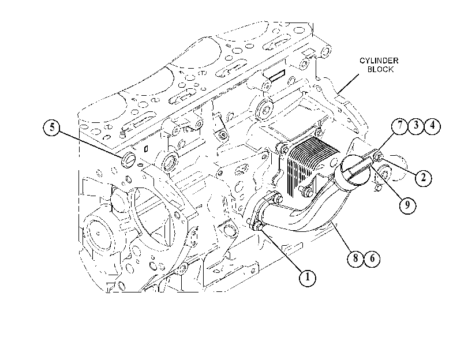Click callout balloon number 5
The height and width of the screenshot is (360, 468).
[53, 127]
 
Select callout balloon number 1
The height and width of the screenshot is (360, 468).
[308, 278]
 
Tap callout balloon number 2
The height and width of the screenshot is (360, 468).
[423, 178]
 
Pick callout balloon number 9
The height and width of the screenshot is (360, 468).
[407, 205]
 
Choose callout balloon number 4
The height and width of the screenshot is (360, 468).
[432, 126]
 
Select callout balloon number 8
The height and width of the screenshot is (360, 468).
[355, 258]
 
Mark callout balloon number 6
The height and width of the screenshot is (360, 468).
[372, 258]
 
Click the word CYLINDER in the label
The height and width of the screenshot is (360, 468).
[379, 61]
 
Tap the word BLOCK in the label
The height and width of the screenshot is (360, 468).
[380, 70]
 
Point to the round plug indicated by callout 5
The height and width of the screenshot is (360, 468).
[128, 160]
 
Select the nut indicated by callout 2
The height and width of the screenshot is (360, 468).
[379, 156]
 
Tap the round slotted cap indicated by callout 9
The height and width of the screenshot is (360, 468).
[354, 172]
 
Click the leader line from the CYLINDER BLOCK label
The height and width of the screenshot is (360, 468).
[349, 83]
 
